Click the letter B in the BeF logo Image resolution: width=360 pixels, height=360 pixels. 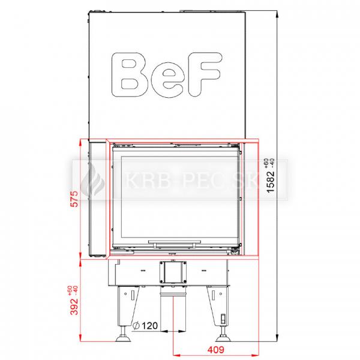click(130, 74)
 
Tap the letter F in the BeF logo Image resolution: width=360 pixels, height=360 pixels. click(204, 74)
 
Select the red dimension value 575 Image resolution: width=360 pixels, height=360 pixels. click(75, 199)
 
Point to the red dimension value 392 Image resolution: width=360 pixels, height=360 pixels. click(74, 306)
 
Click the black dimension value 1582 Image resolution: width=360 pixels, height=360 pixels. click(270, 181)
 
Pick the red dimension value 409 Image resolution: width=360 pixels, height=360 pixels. click(215, 349)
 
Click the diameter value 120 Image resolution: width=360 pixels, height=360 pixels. click(150, 326)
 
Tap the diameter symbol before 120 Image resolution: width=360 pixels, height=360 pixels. click(136, 326)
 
